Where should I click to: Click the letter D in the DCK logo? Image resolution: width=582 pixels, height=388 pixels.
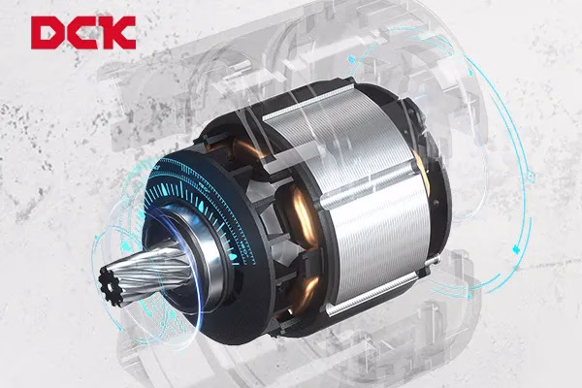[x=47, y=33]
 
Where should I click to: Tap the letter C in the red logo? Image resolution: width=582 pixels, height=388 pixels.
[x=81, y=33]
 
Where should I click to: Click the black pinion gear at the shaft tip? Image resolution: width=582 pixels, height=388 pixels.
[x=111, y=286]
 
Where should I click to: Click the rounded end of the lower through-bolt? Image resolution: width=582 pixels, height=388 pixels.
[x=437, y=259]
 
